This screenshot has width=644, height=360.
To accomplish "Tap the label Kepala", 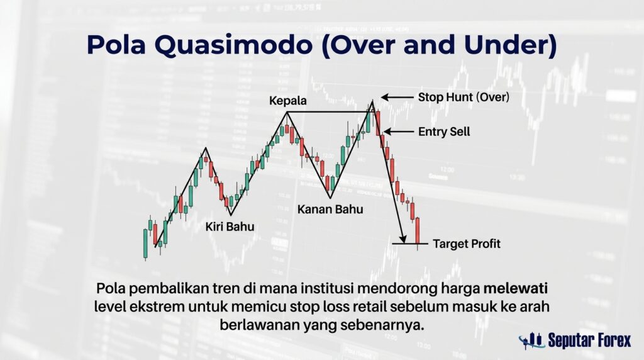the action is click(287, 101).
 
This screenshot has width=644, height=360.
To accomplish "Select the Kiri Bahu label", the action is click(230, 227).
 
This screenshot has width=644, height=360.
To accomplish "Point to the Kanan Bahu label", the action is click(330, 209).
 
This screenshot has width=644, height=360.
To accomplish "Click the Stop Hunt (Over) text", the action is click(464, 98).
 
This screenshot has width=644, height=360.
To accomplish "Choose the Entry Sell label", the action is click(444, 132).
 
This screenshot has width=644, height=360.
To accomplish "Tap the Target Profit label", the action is click(467, 244).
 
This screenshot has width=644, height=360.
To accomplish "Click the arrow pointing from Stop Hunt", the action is click(397, 98).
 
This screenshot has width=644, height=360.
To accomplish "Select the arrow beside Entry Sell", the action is click(398, 132).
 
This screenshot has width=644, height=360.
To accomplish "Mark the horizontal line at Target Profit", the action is click(410, 244).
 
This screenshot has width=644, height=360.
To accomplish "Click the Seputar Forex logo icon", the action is click(531, 340).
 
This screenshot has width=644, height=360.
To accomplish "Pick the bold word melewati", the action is click(516, 288).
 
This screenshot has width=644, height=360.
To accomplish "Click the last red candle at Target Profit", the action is click(418, 231).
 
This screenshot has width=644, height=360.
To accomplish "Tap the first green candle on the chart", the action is click(145, 243).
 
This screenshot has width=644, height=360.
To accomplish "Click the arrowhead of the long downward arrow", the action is click(403, 239).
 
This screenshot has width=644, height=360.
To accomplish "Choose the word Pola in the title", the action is click(116, 45).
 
